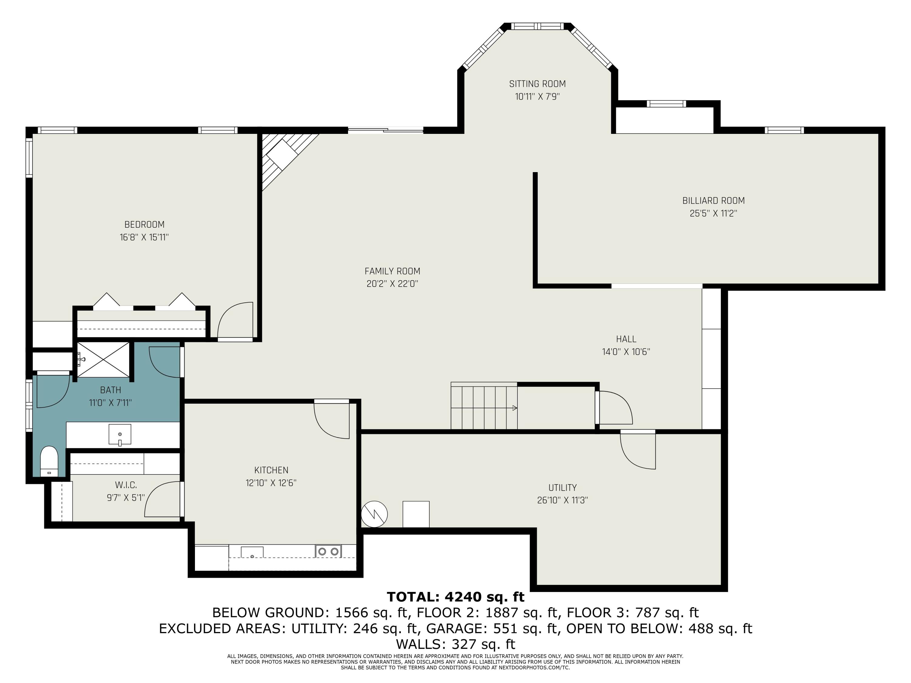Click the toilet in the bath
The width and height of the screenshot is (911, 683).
click(49, 461)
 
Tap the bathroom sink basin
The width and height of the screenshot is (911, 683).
click(120, 435)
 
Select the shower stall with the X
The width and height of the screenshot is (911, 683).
click(103, 359)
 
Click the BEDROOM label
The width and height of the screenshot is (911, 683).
click(145, 224)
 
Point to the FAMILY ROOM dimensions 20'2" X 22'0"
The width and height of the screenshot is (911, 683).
click(392, 284)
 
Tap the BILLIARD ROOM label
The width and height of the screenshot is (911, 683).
click(714, 200)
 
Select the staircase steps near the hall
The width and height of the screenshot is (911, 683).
click(484, 406)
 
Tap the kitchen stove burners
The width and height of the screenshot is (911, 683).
click(328, 551)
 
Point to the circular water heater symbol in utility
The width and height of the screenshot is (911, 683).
click(374, 514)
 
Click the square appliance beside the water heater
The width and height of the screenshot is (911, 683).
click(416, 514)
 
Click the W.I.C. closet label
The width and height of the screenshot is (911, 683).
click(126, 485)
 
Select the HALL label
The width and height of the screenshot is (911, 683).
click(626, 339)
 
